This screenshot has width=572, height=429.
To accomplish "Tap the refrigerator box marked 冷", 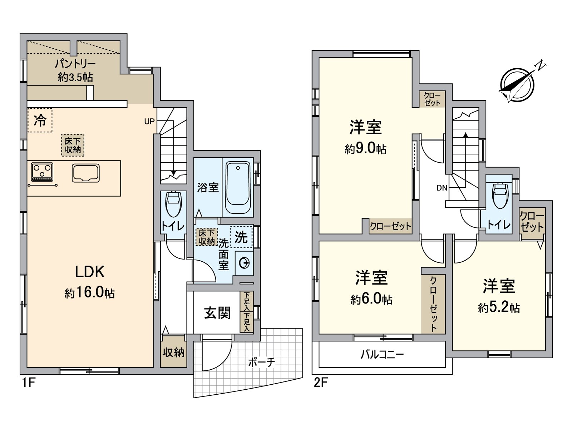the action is (40, 120).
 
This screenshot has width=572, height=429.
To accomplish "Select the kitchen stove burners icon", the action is (42, 172).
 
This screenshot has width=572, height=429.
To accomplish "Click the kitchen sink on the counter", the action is (86, 173).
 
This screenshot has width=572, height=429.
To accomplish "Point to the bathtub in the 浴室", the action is (238, 187).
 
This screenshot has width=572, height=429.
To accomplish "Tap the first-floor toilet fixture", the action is (173, 204).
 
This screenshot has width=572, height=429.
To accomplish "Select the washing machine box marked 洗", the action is (241, 237).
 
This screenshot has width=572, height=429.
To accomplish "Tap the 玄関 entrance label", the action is (217, 312).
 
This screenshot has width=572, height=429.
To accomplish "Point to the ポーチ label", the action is (262, 362).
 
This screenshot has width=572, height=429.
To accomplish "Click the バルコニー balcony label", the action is (382, 355).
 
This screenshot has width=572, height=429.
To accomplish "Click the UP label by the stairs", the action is (149, 121).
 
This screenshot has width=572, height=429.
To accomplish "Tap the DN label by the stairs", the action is (442, 188).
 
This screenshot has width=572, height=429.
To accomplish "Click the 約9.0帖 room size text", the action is (365, 149).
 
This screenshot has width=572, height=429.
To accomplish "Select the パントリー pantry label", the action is (75, 64).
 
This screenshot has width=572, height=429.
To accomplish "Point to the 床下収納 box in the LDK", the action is (73, 146).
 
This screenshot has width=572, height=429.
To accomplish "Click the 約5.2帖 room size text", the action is (499, 308).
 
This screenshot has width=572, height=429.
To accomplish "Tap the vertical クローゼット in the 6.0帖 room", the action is (433, 304).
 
